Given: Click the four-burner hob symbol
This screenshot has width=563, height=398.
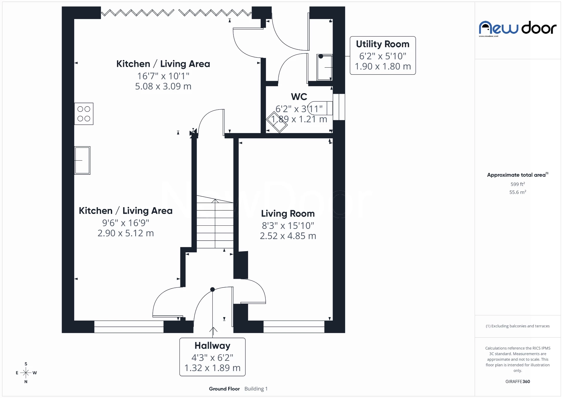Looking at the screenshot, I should point(84,114).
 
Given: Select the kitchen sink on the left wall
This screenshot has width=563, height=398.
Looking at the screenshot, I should point(82,160).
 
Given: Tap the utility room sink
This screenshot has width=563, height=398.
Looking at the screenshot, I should point(324,67).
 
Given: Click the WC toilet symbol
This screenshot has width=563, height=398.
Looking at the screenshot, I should point(321,108).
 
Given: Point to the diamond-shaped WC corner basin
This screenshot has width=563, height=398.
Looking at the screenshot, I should point(277,122).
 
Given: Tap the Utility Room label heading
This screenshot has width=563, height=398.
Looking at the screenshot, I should point(382,44).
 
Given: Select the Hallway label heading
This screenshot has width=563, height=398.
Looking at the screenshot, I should point(212,346).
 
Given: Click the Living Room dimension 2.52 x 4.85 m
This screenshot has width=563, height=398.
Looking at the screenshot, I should point(288,236).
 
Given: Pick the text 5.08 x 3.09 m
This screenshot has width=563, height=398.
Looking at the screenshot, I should point(163,86).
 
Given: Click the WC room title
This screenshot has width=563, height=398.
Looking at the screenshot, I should point(299,97).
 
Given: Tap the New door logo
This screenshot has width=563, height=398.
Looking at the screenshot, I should point(517,28).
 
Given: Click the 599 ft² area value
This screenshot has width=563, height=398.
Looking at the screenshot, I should point(518,184).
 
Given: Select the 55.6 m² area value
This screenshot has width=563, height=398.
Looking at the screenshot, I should point(518,192).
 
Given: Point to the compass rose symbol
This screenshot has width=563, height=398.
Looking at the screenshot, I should point(26,373).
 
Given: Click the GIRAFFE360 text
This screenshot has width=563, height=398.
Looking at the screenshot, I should point(518,381).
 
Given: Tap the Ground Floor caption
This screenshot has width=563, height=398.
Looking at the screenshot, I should point(224,389).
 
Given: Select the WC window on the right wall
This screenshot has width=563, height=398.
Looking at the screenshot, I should point(339,107).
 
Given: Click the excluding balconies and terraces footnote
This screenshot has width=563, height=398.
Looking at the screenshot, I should point(518,326).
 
